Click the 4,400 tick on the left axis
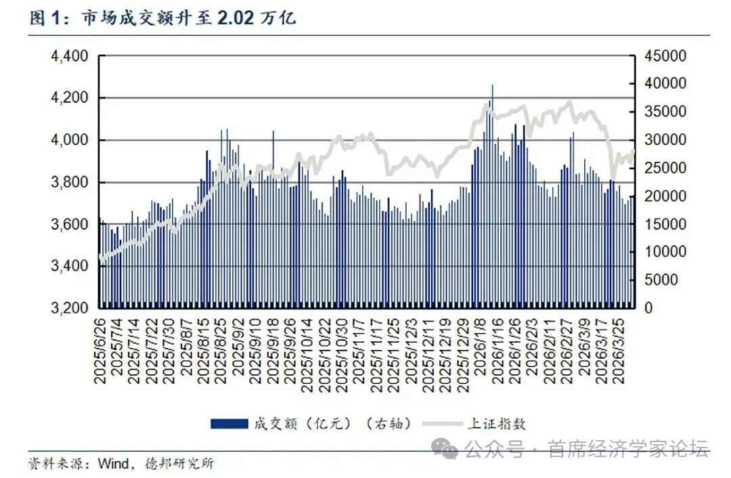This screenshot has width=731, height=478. [x=70, y=56]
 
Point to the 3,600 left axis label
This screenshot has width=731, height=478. [x=70, y=224]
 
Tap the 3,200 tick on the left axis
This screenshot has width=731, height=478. [x=70, y=308]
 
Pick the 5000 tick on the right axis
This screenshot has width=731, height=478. [x=661, y=280]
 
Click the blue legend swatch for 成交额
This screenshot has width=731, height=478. [x=229, y=425]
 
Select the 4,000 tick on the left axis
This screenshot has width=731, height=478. [x=70, y=140]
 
